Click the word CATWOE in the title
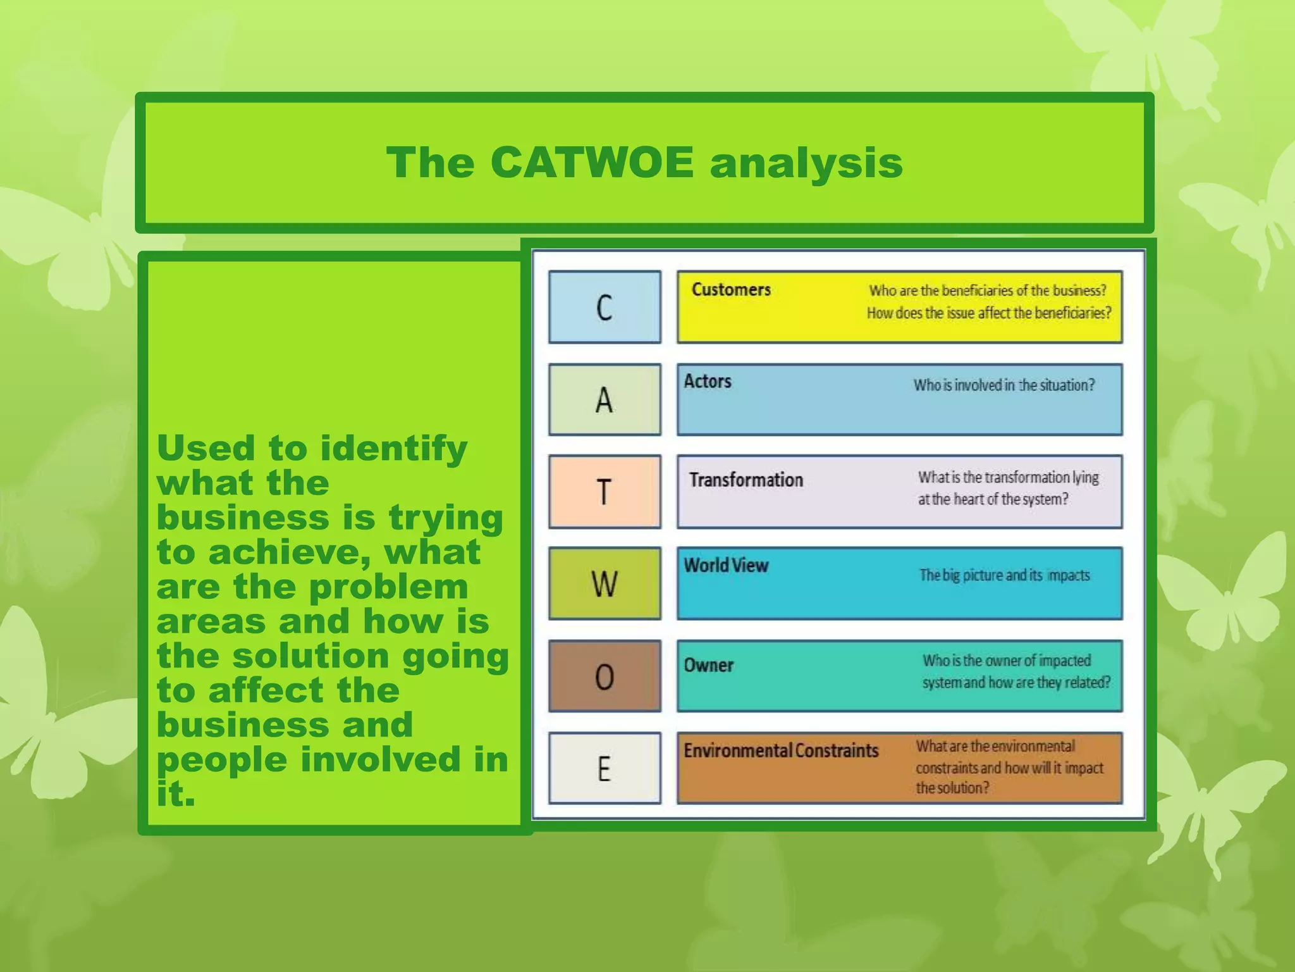[x=591, y=163]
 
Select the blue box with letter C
[x=605, y=308]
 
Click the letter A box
[x=605, y=400]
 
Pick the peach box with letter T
[x=605, y=492]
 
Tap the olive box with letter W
[x=605, y=583]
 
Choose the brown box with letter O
[x=605, y=676]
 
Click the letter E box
[x=605, y=768]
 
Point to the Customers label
[x=731, y=290]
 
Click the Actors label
[x=708, y=382]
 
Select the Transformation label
[x=746, y=480]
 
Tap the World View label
[x=726, y=565]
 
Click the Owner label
[x=709, y=665]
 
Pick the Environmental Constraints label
[x=781, y=751]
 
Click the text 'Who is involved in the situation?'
[x=1003, y=385]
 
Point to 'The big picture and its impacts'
[x=1004, y=575]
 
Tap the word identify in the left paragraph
[x=393, y=449]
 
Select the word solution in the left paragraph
[x=310, y=656]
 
